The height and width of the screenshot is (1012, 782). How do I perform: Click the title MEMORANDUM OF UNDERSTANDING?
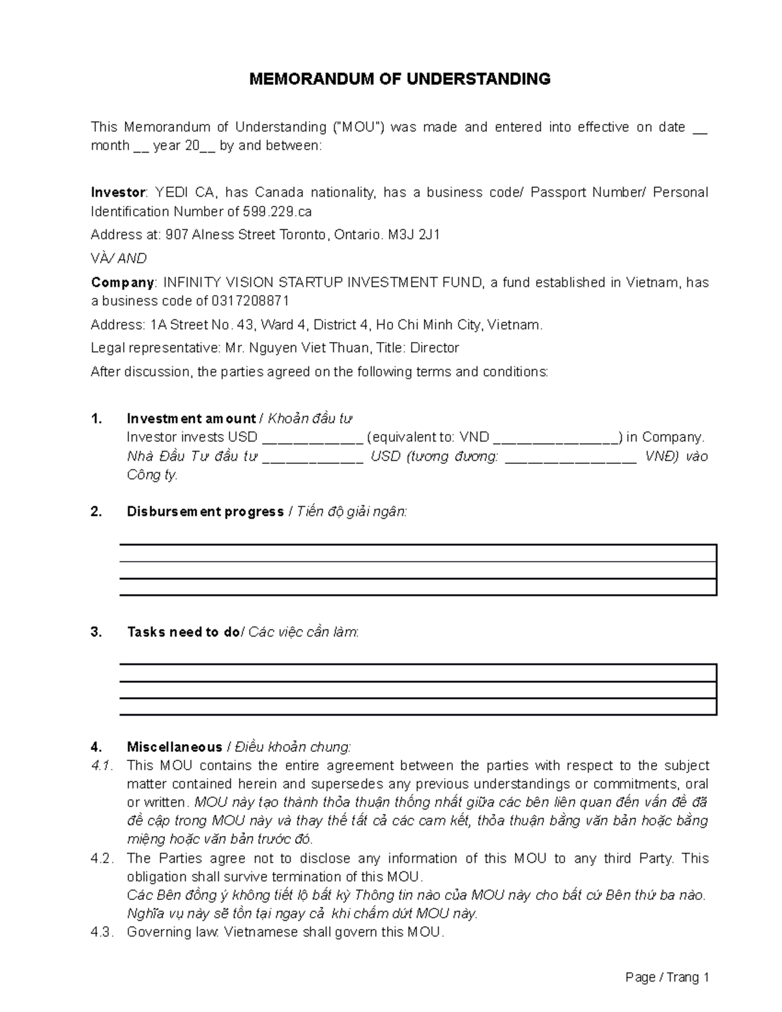(x=400, y=80)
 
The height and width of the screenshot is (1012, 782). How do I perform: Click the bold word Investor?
(x=119, y=192)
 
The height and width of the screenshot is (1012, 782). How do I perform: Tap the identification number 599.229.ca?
(x=277, y=212)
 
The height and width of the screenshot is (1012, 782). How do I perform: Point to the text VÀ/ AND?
(x=119, y=259)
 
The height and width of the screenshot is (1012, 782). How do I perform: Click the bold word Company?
(x=123, y=282)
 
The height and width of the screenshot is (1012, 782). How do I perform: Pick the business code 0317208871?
(x=250, y=301)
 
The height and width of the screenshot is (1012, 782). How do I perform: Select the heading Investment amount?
(x=191, y=418)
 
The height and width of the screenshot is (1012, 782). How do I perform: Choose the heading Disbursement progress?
(x=205, y=512)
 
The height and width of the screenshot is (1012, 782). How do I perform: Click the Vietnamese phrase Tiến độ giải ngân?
(x=351, y=512)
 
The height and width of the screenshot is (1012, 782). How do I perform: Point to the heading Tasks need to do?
(x=183, y=632)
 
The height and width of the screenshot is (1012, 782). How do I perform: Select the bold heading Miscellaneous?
(x=174, y=747)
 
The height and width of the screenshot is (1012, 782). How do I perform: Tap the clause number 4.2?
(x=102, y=858)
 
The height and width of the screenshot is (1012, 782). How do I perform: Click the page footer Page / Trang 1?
(x=666, y=977)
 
